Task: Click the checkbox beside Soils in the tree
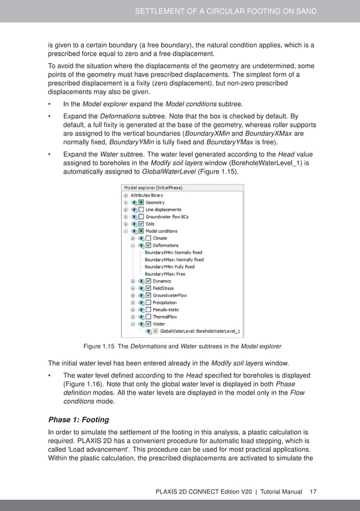point(141,224)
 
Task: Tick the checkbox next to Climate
point(148,238)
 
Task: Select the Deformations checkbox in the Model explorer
point(148,245)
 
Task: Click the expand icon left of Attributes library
point(126,195)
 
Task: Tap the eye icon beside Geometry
point(134,202)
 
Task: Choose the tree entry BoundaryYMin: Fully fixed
point(169,267)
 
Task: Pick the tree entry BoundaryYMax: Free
point(165,274)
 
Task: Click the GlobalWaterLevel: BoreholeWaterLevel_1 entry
point(200,331)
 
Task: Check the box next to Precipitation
point(148,302)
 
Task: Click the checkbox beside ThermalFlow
point(148,317)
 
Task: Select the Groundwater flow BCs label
point(167,217)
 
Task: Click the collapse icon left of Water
point(133,324)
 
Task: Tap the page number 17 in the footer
point(313,492)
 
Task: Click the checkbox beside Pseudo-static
point(148,310)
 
